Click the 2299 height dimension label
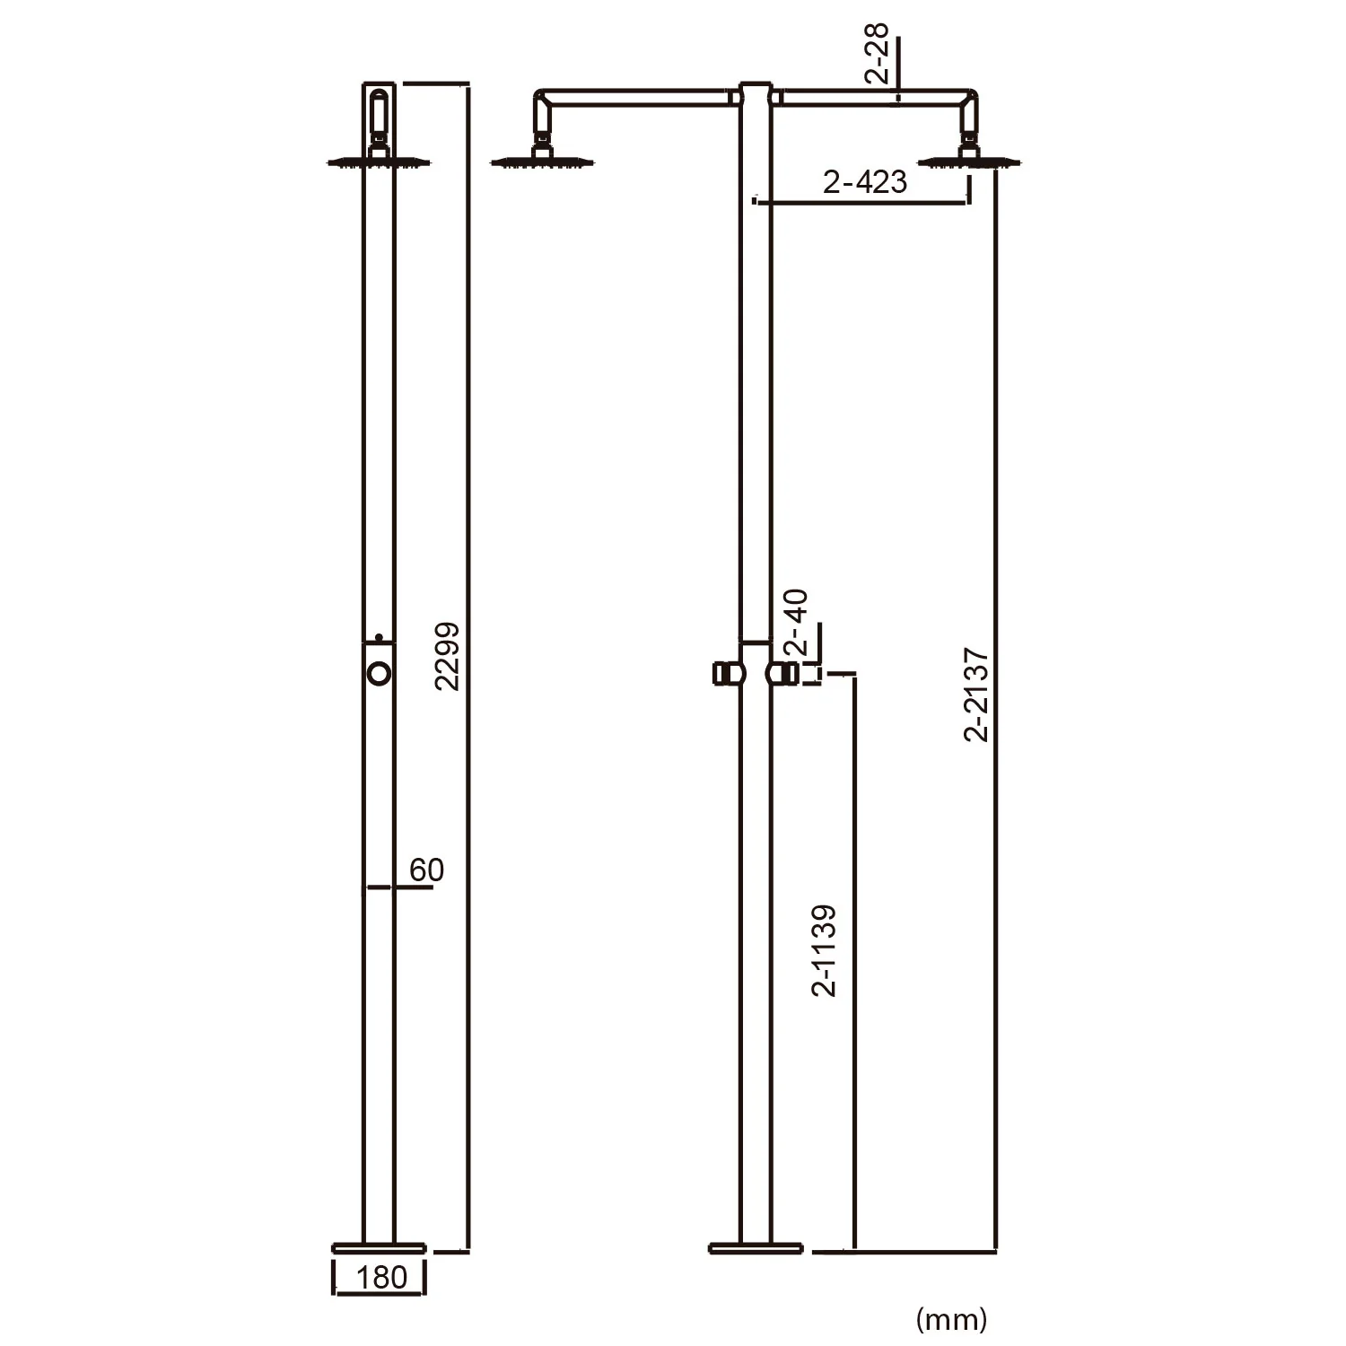coord(447,656)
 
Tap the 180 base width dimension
coord(381,1277)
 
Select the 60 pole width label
coord(426,870)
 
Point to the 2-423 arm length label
coord(865,182)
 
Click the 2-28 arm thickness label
coord(878,54)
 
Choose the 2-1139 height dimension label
coord(824,950)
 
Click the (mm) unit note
coord(951,1318)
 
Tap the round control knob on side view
coord(380,672)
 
